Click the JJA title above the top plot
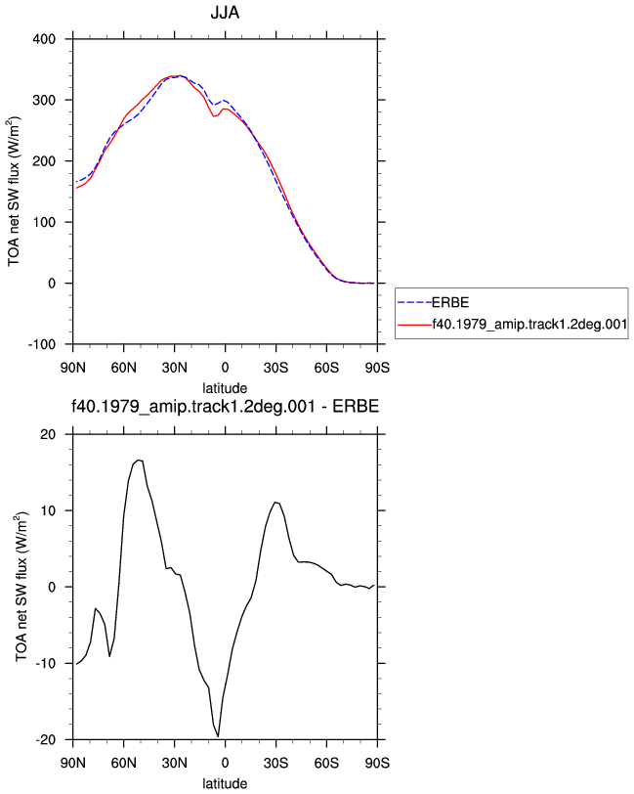coord(225,12)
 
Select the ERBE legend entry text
coord(449,303)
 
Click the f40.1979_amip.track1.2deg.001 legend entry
coord(529,324)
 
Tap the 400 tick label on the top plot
coord(44,39)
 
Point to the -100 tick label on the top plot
coord(41,345)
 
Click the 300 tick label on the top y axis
coord(44,101)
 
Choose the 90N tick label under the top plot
coord(73,368)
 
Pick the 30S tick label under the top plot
coord(275,368)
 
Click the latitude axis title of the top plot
coord(225,388)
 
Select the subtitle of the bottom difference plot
coord(225,406)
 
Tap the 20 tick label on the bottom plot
coord(48,434)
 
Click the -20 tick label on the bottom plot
coord(46,740)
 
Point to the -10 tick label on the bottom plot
coord(46,663)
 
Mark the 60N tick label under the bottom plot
coord(123,763)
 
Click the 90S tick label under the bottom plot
coord(377,763)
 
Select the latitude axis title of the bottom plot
coord(225,784)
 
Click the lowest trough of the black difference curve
coord(218,736)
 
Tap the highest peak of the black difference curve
coord(139,460)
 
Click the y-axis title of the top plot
coord(14,192)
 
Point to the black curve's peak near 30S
coord(275,503)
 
